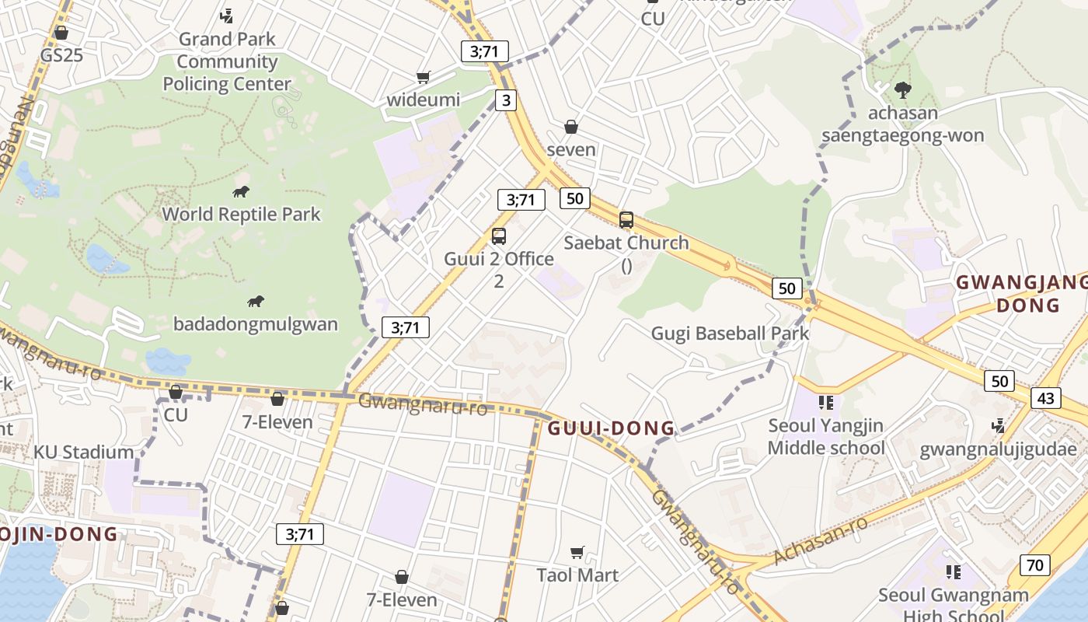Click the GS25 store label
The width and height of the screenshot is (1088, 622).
[61, 56]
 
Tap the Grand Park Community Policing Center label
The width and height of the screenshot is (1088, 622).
[227, 61]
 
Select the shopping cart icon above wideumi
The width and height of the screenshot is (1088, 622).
[424, 77]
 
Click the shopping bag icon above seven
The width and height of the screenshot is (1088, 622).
[571, 127]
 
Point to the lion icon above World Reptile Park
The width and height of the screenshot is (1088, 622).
[241, 191]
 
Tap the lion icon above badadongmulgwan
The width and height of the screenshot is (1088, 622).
[256, 302]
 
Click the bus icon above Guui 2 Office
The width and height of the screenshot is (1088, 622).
[499, 236]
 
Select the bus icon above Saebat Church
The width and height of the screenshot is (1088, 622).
[626, 220]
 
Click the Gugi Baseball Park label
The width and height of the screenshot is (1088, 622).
[730, 334]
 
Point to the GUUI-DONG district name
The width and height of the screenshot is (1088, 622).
[612, 428]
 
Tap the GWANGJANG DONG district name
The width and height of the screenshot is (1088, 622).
[1020, 293]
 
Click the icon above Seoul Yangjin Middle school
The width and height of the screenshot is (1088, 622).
[826, 403]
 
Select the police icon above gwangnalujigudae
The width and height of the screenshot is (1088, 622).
[999, 425]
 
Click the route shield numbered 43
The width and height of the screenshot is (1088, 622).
[1046, 398]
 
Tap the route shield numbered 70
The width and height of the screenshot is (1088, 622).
[1034, 565]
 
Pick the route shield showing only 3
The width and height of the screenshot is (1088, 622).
[507, 100]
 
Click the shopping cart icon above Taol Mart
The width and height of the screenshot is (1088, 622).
[577, 552]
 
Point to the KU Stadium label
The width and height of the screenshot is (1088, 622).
[83, 453]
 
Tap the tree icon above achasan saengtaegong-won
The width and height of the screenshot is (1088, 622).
[902, 90]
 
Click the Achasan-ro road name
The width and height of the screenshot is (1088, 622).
[821, 541]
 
